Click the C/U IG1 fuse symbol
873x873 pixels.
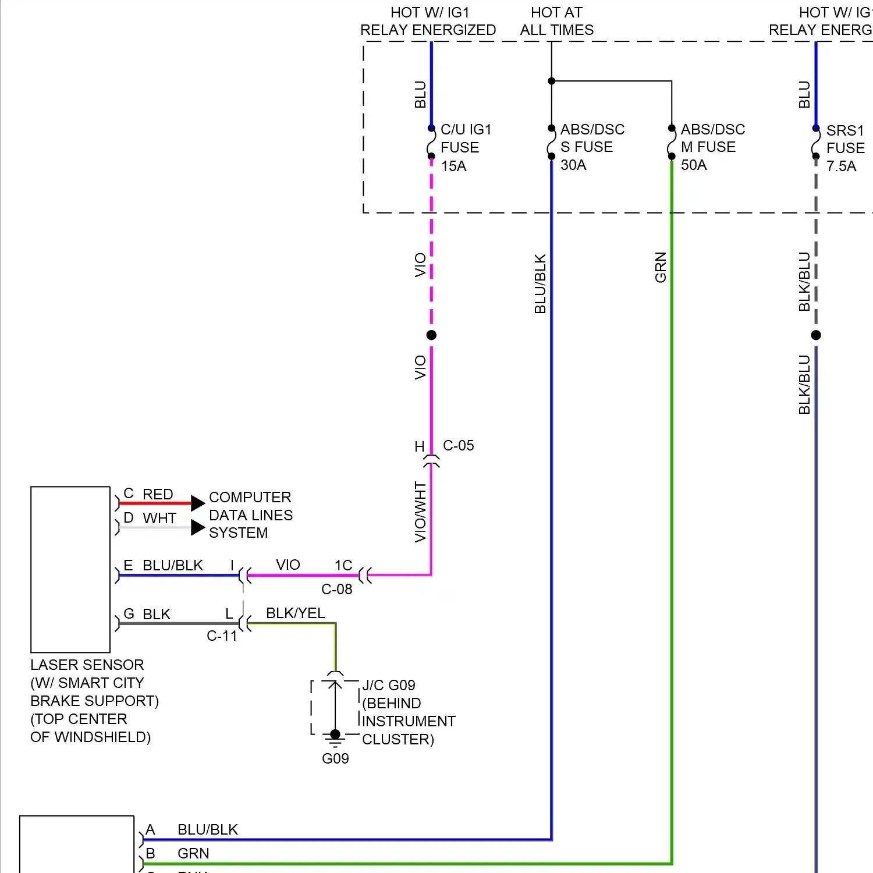(x=431, y=143)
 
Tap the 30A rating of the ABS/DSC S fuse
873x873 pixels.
(x=573, y=165)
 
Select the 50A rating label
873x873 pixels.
(x=694, y=165)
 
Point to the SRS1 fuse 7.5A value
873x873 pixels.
(x=841, y=166)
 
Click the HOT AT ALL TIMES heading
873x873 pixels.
(x=556, y=22)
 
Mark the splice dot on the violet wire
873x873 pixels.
(x=431, y=335)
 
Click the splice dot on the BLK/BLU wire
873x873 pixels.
(x=816, y=335)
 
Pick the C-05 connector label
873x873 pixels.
(x=458, y=446)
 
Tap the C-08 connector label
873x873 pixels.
(x=337, y=590)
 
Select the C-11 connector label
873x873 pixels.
(x=222, y=636)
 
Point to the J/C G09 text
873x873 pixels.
(x=389, y=686)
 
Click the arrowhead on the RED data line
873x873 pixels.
(x=198, y=503)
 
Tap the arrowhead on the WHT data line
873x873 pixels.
(x=198, y=527)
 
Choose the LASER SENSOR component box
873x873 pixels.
(x=70, y=569)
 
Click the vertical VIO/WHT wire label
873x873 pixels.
(x=420, y=512)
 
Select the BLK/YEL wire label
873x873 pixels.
(x=295, y=613)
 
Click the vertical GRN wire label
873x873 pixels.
(x=661, y=268)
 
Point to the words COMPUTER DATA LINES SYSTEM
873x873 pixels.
(x=250, y=515)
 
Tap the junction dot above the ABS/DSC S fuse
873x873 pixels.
(x=552, y=81)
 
